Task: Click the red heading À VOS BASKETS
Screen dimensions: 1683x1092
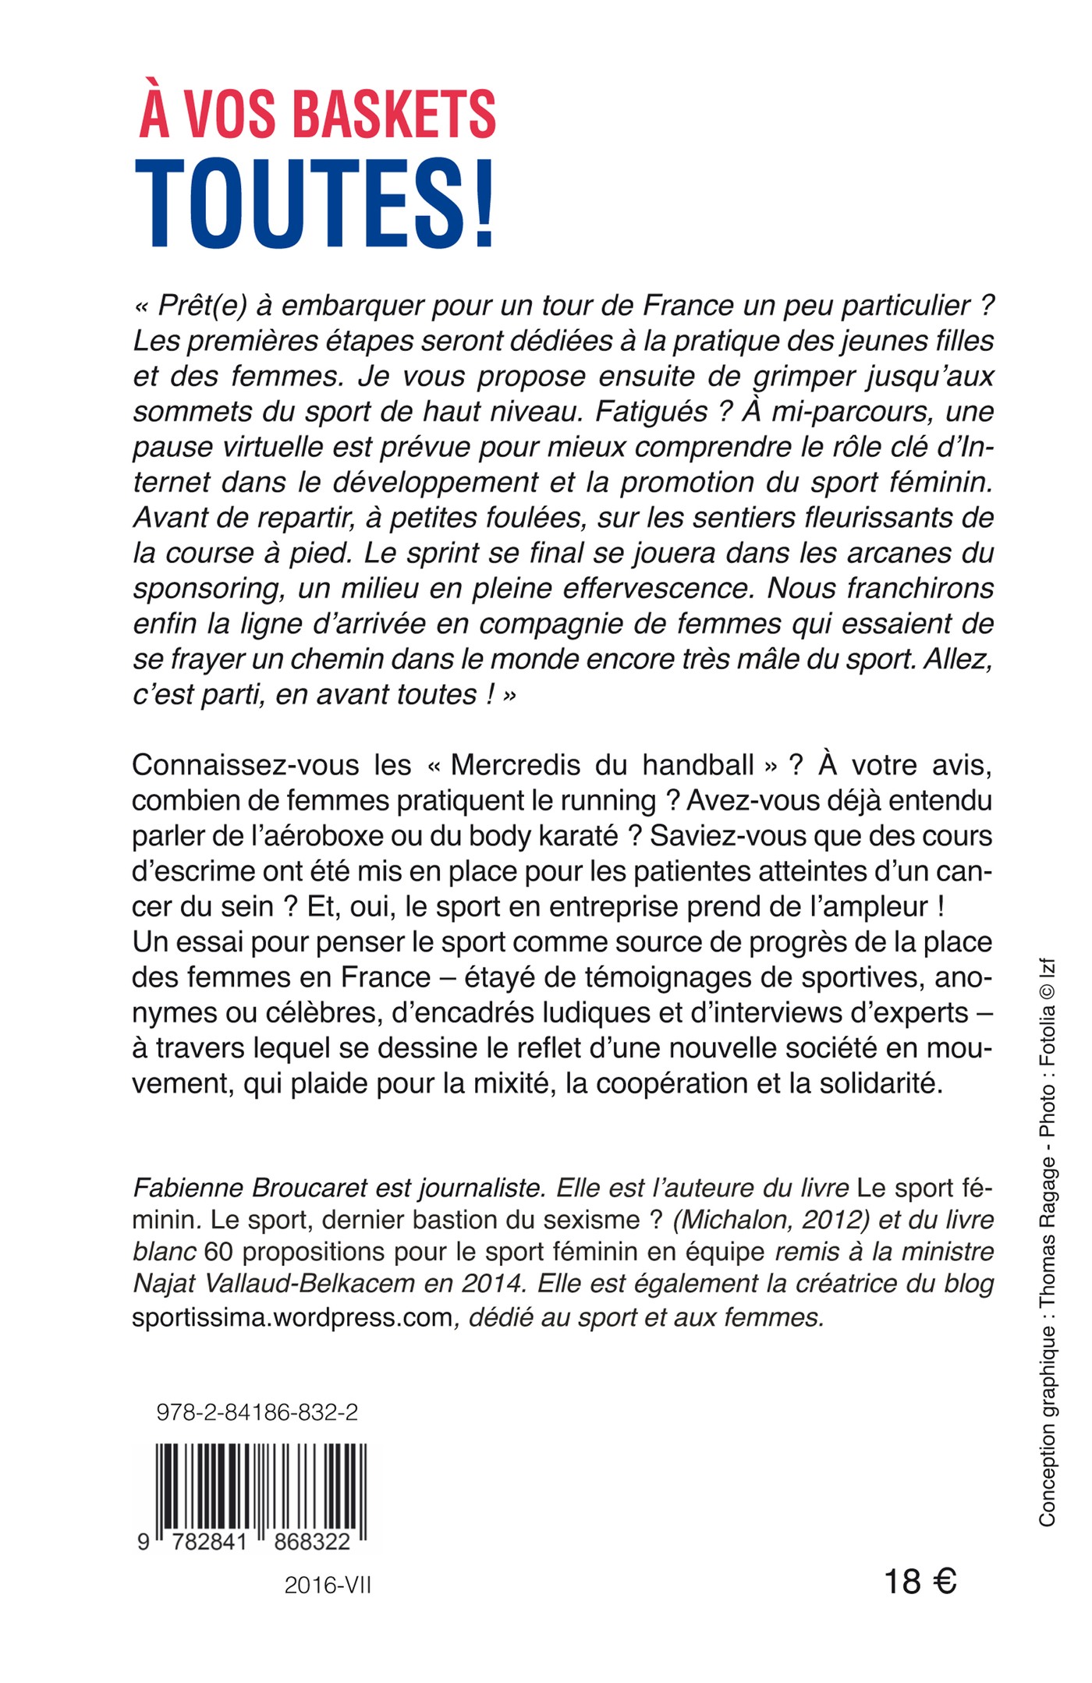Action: point(317,115)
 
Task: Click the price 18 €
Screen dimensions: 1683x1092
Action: point(920,1582)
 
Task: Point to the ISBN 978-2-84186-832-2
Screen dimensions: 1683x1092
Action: point(257,1412)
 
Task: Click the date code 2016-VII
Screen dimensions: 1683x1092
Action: point(328,1586)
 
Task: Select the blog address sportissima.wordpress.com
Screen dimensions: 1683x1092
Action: point(292,1317)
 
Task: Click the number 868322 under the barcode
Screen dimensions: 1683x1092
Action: point(312,1541)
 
